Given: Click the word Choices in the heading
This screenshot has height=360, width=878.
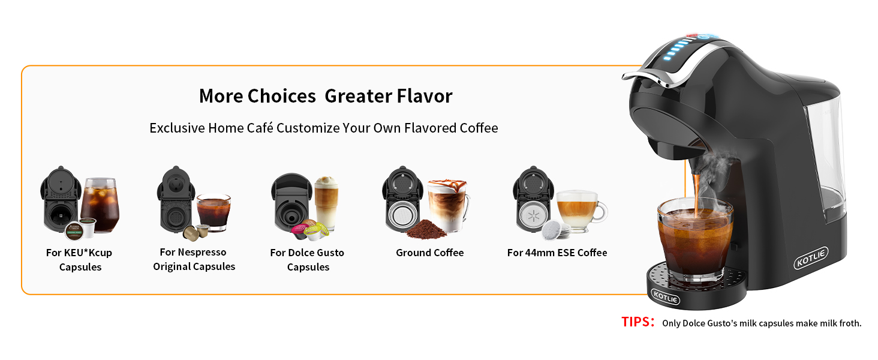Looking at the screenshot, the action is pyautogui.click(x=281, y=96).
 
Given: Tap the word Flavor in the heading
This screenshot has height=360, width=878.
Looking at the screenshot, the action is pyautogui.click(x=425, y=96).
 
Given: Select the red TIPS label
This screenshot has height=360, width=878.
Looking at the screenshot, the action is pyautogui.click(x=638, y=322).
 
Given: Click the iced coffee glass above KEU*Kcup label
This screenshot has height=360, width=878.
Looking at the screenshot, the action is pyautogui.click(x=100, y=205).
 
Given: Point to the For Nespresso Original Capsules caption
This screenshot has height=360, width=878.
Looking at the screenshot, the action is pyautogui.click(x=194, y=259).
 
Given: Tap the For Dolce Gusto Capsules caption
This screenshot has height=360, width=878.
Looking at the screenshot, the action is pyautogui.click(x=307, y=260).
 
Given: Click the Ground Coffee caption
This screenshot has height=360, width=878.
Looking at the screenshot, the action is pyautogui.click(x=429, y=253).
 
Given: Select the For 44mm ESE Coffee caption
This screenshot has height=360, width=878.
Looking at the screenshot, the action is pyautogui.click(x=557, y=253).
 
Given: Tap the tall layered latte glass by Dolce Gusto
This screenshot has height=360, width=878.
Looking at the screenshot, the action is pyautogui.click(x=326, y=203).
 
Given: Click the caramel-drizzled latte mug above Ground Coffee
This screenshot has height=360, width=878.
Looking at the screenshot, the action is pyautogui.click(x=448, y=205).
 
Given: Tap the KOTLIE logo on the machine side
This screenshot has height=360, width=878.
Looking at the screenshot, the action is pyautogui.click(x=811, y=258).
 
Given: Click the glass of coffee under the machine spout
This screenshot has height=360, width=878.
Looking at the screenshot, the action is pyautogui.click(x=695, y=239).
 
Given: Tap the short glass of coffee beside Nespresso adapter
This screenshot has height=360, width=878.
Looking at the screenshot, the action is pyautogui.click(x=214, y=212).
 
